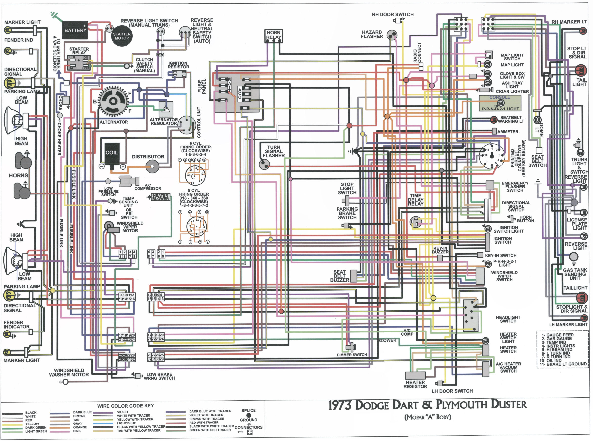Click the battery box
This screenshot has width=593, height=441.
click(x=75, y=30)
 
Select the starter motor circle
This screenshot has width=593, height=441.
click(x=122, y=36)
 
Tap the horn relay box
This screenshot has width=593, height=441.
click(x=274, y=36)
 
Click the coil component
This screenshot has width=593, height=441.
click(x=111, y=154)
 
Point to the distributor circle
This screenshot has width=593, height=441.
click(x=152, y=166)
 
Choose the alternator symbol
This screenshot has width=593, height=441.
click(x=113, y=101)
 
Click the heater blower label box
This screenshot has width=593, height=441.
click(x=160, y=197)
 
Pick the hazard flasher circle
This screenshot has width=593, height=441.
click(x=392, y=35)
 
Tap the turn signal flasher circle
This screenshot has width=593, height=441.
click(x=264, y=164)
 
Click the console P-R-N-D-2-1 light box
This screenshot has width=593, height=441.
click(x=500, y=103)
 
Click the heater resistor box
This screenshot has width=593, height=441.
click(x=415, y=376)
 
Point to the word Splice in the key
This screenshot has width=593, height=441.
click(x=248, y=411)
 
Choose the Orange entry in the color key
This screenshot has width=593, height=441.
click(x=80, y=427)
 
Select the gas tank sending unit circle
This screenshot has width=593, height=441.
click(x=573, y=257)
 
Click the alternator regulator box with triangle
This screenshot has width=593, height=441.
click(x=166, y=109)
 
